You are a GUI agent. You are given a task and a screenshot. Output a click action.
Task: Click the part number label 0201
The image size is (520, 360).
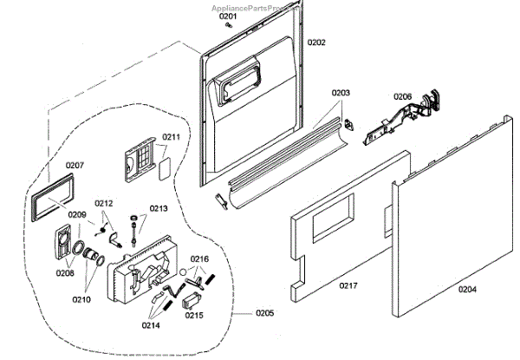(227, 16)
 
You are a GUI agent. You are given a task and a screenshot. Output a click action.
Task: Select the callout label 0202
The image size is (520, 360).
(316, 43)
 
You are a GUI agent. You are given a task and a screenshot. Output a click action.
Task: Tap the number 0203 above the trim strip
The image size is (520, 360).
(341, 93)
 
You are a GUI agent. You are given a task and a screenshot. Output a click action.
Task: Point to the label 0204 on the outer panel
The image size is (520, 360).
(466, 289)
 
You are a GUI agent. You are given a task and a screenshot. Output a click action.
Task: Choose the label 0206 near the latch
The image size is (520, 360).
(402, 96)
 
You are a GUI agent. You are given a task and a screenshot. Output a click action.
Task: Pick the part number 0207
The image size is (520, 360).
(75, 165)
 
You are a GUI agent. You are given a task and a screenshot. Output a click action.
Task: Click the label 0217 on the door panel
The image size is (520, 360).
(348, 285)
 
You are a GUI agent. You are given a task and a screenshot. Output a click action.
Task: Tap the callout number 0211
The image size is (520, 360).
(172, 137)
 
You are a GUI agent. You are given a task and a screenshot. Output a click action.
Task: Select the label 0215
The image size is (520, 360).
(195, 317)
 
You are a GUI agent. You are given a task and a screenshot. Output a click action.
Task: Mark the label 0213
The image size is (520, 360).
(159, 208)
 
